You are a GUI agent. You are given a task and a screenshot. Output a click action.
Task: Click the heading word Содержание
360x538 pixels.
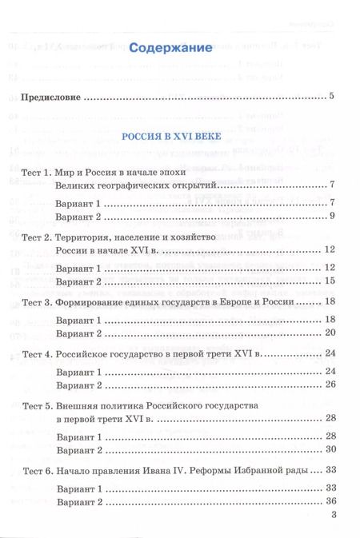178,48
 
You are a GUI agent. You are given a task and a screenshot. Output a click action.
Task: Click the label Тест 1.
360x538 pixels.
36,172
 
